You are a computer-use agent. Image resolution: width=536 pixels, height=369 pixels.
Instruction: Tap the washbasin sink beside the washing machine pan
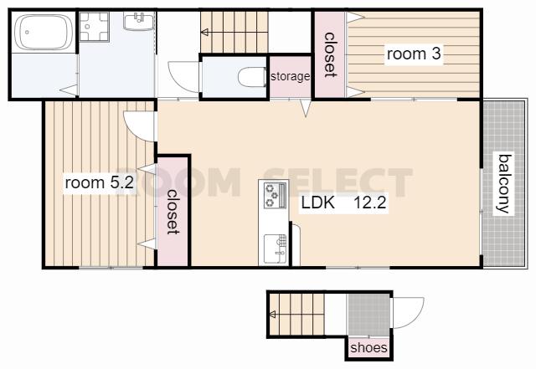click(x=139, y=21)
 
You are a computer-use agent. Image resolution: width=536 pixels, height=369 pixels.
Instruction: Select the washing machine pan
click(x=94, y=27)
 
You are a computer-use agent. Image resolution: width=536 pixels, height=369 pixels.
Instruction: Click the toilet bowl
click(x=252, y=77)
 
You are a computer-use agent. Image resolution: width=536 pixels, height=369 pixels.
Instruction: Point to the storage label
click(x=291, y=76)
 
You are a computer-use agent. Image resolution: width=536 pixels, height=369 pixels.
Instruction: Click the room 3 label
click(x=414, y=54)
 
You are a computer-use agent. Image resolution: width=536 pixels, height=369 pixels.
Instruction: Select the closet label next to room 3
click(x=329, y=54)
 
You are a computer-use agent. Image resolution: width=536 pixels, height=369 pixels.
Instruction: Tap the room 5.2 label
click(x=99, y=182)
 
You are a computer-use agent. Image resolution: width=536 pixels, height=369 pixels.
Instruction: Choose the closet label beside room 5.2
click(x=173, y=212)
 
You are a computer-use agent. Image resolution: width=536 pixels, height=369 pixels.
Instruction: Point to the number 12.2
click(x=370, y=203)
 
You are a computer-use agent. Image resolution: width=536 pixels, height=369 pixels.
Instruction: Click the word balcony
click(x=504, y=184)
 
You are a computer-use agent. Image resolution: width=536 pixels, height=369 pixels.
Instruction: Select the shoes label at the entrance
click(x=368, y=348)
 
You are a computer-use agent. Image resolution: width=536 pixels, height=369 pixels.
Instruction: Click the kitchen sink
click(x=276, y=249)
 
